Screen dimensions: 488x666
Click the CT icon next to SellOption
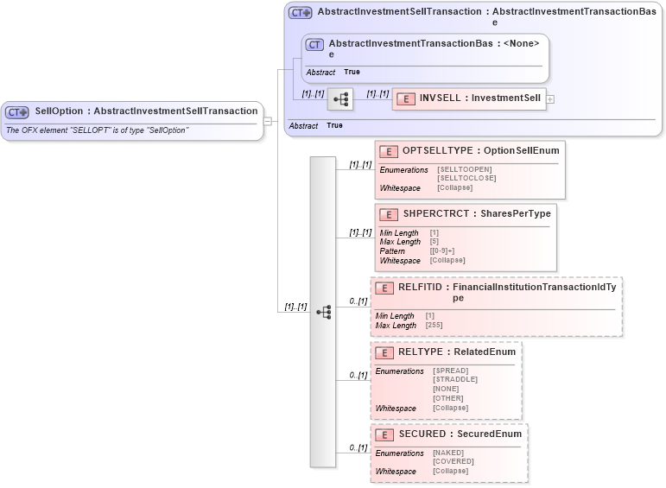[17, 111]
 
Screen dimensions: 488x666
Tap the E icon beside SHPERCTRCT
[389, 214]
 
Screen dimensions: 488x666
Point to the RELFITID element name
[422, 286]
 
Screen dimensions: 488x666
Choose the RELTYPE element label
[421, 352]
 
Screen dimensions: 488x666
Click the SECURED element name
[422, 434]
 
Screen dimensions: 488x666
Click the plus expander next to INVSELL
[550, 99]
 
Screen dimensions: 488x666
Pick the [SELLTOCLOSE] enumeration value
[466, 178]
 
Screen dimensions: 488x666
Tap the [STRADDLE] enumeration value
[454, 379]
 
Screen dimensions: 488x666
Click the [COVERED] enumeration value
[452, 462]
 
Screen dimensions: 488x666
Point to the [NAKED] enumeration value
[448, 453]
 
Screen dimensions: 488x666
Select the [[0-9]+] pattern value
[447, 251]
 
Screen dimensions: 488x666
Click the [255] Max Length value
[435, 326]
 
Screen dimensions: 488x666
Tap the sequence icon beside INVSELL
[341, 99]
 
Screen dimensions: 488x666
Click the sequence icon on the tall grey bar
[323, 312]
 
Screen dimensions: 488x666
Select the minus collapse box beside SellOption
[268, 121]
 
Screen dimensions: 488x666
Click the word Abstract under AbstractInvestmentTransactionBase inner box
[320, 73]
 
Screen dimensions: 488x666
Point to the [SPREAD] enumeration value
[451, 371]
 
